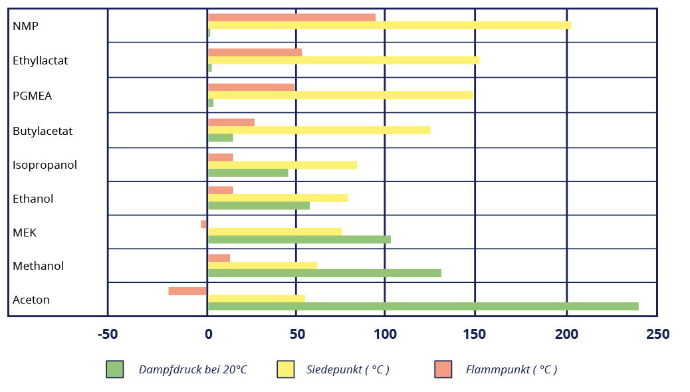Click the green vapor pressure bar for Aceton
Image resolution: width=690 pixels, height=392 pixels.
click(423, 306)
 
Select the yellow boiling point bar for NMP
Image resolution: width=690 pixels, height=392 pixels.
click(389, 25)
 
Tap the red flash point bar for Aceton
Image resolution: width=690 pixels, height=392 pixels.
click(187, 291)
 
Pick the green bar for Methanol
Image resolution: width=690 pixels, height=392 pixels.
click(324, 273)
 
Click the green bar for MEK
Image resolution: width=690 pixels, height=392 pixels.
click(299, 239)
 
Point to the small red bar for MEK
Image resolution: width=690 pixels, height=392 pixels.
click(204, 225)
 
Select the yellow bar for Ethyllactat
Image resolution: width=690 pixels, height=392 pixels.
click(343, 60)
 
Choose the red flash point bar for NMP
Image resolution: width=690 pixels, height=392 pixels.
click(291, 17)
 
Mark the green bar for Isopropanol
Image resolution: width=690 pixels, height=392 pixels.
click(248, 173)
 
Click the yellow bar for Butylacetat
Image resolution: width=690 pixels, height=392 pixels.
click(319, 130)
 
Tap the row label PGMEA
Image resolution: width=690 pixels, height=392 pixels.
click(32, 96)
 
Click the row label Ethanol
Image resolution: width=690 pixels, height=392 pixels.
click(33, 199)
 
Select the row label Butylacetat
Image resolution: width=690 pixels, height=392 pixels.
click(43, 131)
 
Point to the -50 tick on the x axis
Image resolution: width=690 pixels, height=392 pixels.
click(108, 334)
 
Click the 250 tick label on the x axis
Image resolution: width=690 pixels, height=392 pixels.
click(657, 334)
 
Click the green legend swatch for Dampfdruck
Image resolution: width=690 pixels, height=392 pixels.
click(115, 369)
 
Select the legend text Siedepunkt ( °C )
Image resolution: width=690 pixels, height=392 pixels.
click(348, 369)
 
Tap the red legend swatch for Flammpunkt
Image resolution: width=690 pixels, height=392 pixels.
click(443, 369)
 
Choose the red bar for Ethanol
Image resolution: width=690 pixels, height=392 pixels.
click(221, 190)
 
